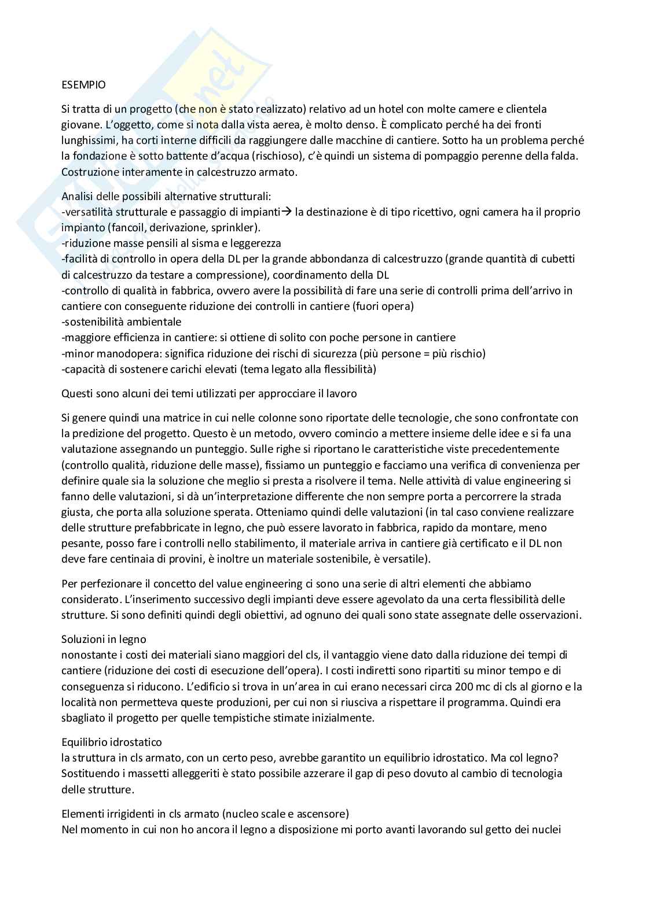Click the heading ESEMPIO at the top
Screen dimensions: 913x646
coord(83,85)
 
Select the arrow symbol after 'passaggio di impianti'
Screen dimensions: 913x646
coord(286,212)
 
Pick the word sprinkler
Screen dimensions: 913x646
coord(234,227)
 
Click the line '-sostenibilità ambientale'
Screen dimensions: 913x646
coord(121,321)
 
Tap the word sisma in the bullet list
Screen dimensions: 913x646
coord(192,243)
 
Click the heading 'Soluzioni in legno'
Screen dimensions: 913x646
coord(104,639)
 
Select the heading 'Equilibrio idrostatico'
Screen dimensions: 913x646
coord(112,741)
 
